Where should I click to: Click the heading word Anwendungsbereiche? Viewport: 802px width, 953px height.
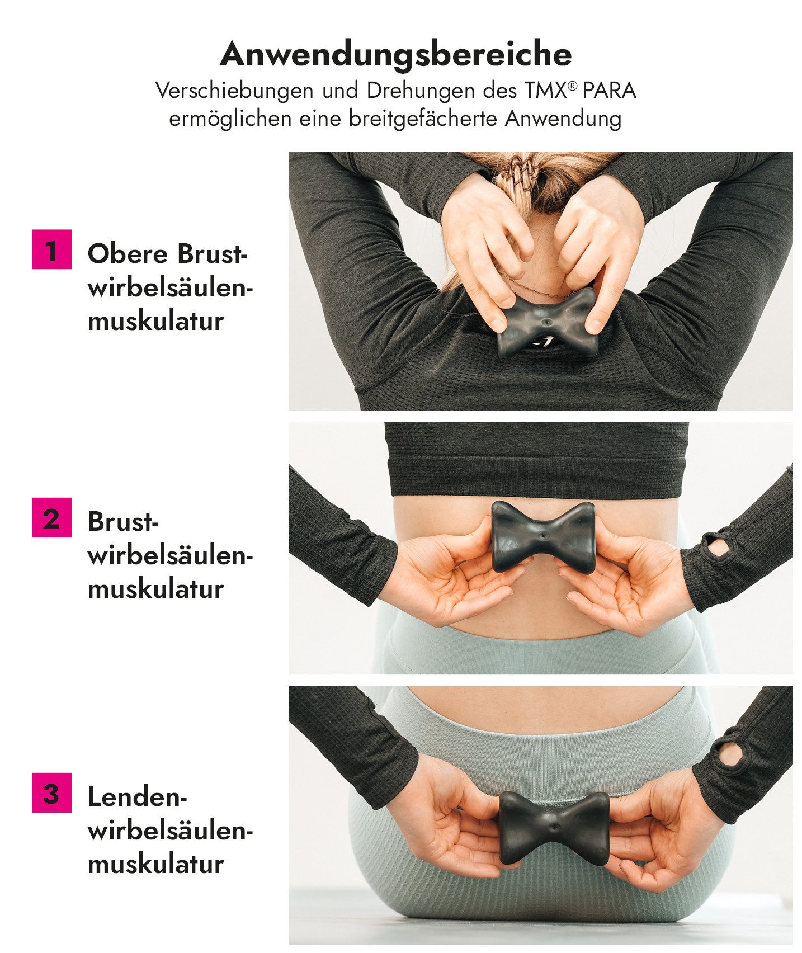[395, 54]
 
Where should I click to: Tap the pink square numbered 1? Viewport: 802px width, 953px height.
[51, 249]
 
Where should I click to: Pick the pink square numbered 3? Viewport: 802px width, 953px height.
[51, 792]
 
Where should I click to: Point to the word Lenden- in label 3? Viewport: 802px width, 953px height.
[137, 796]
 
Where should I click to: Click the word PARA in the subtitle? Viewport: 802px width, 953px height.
[609, 91]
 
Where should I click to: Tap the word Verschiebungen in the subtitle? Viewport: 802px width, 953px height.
[234, 91]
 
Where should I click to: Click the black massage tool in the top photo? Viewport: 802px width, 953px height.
[547, 324]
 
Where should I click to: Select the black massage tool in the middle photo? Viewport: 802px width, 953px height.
[542, 537]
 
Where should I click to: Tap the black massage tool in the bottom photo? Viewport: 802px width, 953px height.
[553, 827]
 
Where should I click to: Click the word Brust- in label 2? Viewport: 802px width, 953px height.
[123, 522]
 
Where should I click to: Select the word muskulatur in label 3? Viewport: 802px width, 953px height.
[156, 864]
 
